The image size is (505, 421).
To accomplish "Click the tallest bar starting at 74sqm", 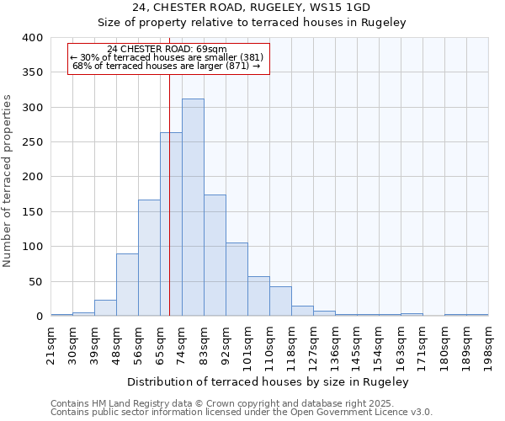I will point(193,207).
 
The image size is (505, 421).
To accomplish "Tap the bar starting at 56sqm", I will point(149,258).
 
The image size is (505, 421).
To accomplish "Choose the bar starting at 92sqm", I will point(237,280).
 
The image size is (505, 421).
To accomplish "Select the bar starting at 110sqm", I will point(280,301).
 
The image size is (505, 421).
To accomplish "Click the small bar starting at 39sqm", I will point(105,308).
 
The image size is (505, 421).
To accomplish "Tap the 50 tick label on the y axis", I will point(35,282).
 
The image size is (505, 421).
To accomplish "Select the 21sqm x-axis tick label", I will point(50,343).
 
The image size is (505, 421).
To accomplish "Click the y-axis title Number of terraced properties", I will point(8,180).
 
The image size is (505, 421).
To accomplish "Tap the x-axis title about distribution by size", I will point(269,382).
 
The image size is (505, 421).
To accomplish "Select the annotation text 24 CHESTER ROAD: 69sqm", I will point(167,50).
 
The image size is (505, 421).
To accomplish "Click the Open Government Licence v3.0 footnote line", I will point(242,413).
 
